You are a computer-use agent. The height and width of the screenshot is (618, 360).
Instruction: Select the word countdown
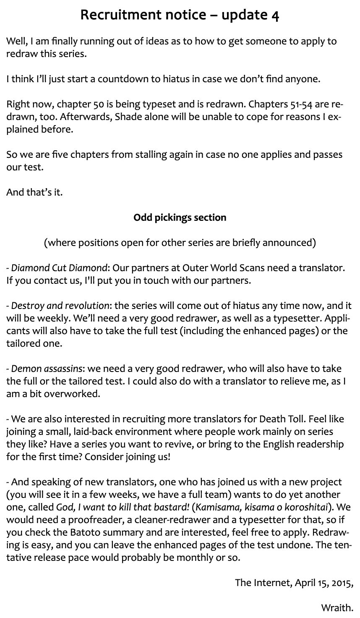pyautogui.click(x=120, y=79)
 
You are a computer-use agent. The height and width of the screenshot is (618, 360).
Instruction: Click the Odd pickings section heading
pyautogui.click(x=180, y=217)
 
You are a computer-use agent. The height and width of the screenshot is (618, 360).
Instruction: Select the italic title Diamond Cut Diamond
pyautogui.click(x=59, y=267)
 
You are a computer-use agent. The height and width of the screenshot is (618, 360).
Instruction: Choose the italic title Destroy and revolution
pyautogui.click(x=60, y=305)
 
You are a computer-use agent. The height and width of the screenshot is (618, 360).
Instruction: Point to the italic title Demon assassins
pyautogui.click(x=47, y=369)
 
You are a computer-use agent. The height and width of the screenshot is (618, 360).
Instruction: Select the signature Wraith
pyautogui.click(x=337, y=608)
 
